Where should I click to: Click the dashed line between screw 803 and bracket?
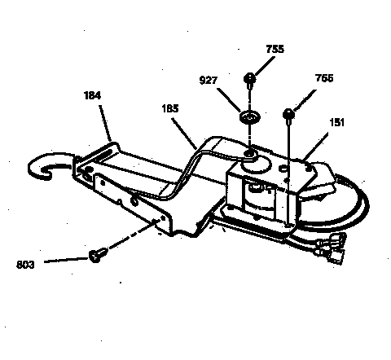click(x=130, y=240)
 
